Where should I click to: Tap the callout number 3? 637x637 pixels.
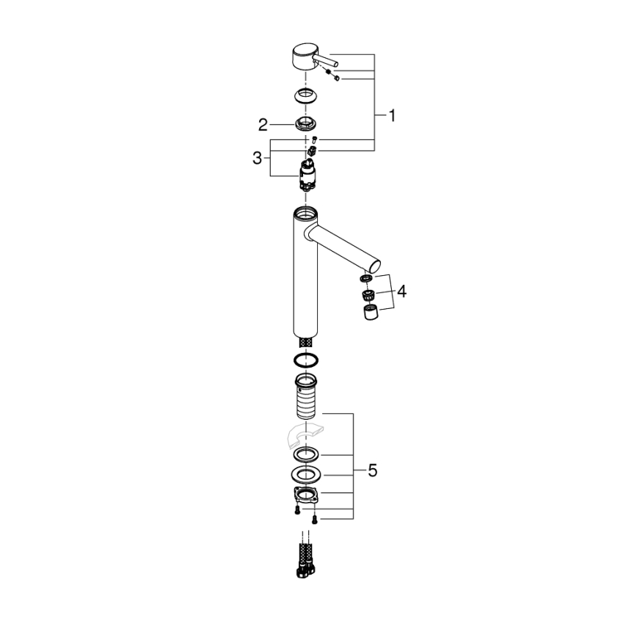click(x=257, y=157)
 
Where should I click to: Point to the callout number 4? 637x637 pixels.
click(x=401, y=291)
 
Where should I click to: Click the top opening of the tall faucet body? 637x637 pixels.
click(x=304, y=215)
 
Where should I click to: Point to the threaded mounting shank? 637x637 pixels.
click(x=306, y=399)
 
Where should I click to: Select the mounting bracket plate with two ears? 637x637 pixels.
click(x=306, y=494)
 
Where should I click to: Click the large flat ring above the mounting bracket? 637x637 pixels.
click(x=306, y=473)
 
